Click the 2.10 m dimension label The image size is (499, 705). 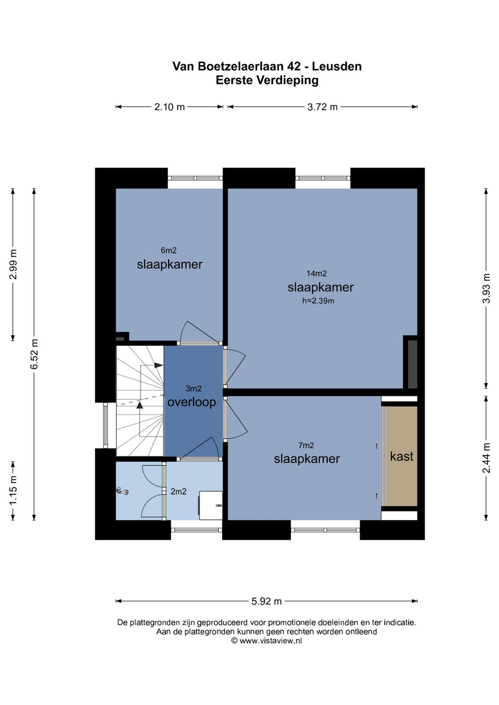pos(169,107)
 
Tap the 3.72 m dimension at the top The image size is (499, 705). pos(323,107)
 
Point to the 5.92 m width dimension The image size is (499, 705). pos(266,602)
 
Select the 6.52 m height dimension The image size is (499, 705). pos(34,354)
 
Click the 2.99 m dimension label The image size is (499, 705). pos(13,265)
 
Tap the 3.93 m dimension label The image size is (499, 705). pos(486,288)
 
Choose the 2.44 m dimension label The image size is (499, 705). pos(486,458)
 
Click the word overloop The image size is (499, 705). pos(192,402)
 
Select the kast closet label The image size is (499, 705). pos(402,456)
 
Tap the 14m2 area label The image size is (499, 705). pos(316,273)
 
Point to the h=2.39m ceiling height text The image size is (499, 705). pos(318,301)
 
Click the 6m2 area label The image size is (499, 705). pos(169,251)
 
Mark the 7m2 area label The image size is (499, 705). pos(306,446)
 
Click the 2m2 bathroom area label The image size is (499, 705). pos(179,491)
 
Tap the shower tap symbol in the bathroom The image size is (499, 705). pos(122,491)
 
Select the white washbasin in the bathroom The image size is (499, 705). pos(210,505)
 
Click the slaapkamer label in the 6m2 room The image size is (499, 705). pos(170,265)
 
